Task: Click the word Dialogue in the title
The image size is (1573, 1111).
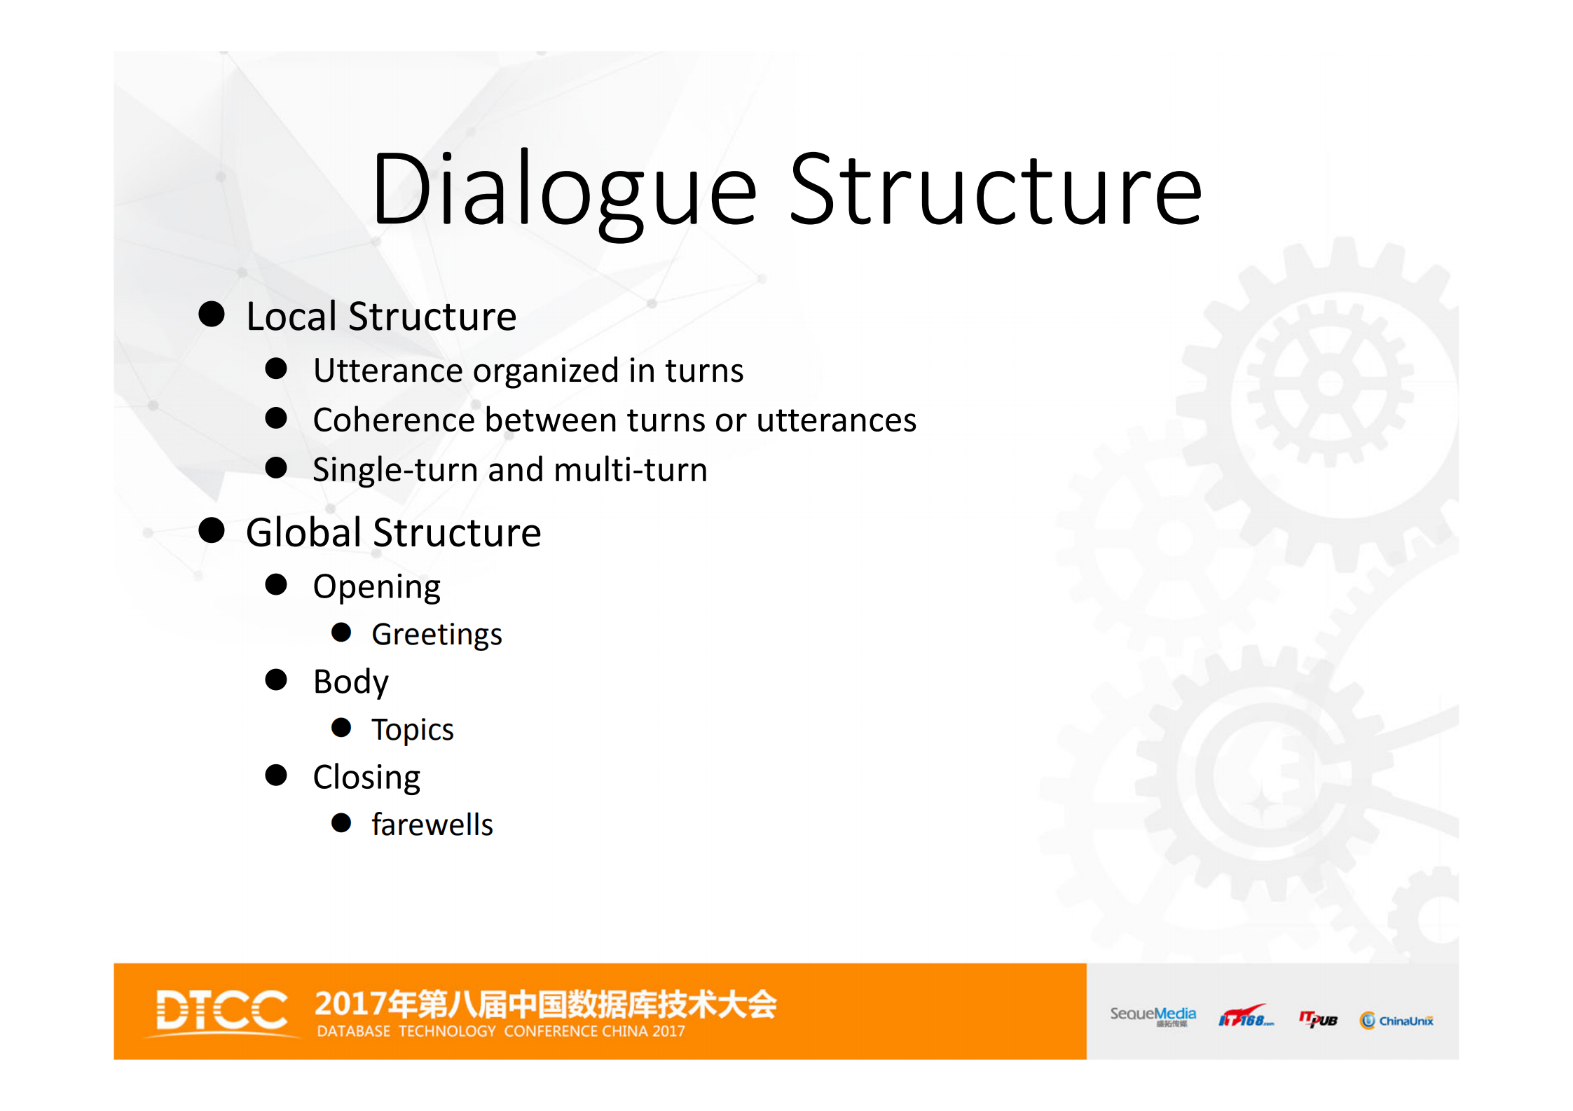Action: tap(564, 191)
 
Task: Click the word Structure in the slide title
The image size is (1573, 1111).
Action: tap(995, 191)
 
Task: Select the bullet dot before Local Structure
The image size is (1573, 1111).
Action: tap(211, 315)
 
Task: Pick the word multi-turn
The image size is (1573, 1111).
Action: tap(630, 470)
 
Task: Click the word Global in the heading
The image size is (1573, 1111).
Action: tap(303, 532)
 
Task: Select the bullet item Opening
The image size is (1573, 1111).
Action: tap(376, 587)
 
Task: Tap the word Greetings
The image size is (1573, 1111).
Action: tap(436, 635)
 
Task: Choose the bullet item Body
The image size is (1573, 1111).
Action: tap(350, 682)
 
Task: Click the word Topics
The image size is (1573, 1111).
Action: tap(412, 730)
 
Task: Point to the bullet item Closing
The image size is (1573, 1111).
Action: tap(366, 778)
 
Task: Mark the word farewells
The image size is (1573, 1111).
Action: tap(432, 825)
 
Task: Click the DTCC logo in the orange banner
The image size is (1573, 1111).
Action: tap(221, 1011)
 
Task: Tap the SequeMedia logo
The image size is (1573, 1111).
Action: tap(1152, 1016)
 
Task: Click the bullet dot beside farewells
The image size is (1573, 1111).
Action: tap(341, 823)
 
